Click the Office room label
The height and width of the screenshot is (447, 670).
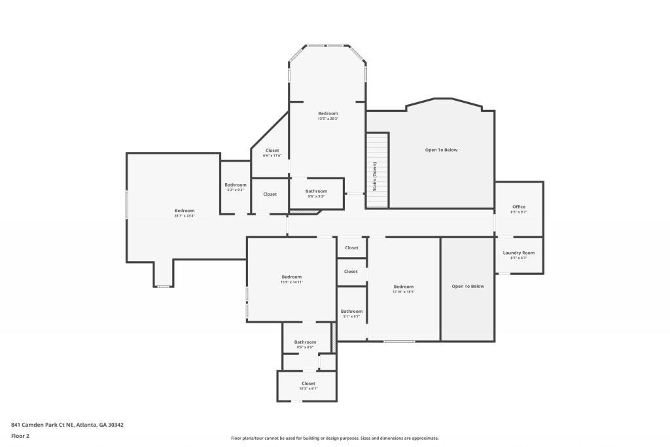[x=519, y=207]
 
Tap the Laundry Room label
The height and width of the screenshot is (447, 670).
[x=519, y=253]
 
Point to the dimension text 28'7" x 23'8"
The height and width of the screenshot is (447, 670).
[x=185, y=216]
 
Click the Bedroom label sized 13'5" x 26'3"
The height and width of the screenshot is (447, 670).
[x=328, y=113]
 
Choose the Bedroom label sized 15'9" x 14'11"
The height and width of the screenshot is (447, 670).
[x=292, y=276]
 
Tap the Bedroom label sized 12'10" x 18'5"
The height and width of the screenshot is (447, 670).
[x=404, y=287]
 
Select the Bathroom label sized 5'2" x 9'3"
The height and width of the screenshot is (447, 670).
[x=236, y=185]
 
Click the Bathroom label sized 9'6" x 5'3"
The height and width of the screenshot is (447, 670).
[x=316, y=191]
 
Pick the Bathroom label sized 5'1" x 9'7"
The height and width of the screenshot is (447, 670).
[x=351, y=312]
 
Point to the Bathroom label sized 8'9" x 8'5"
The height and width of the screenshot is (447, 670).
[x=305, y=342]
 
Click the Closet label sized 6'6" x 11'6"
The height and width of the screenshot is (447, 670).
[x=272, y=151]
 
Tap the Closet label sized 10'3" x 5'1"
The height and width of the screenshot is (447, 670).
[x=308, y=384]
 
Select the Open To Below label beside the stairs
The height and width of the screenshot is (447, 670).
[x=441, y=150]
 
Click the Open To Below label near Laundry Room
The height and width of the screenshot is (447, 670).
[x=468, y=286]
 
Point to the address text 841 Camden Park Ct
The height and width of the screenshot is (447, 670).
[x=67, y=425]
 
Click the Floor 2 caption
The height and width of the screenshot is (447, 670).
[x=20, y=436]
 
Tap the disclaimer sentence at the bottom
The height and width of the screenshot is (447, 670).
[x=334, y=438]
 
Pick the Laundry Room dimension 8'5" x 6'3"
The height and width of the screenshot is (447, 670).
[x=519, y=258]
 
